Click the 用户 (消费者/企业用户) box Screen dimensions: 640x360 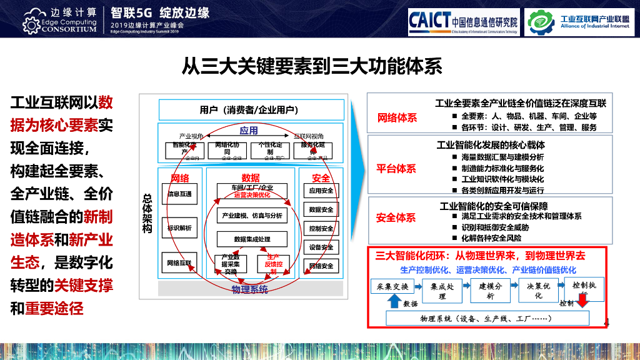[x=251, y=110]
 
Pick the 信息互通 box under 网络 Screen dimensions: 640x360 [x=180, y=194]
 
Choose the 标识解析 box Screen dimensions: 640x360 [x=180, y=228]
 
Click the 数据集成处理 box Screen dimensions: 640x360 [x=252, y=239]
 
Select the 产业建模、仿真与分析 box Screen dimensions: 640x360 [x=252, y=216]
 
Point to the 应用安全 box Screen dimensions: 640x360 [x=321, y=191]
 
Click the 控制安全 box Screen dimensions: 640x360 [x=321, y=229]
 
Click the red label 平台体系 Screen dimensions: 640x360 [x=396, y=168]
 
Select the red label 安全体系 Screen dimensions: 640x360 [x=396, y=218]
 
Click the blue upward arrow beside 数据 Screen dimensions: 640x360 [x=394, y=301]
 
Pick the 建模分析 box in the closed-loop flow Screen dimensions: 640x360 [x=491, y=290]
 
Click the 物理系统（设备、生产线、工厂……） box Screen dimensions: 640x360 [x=487, y=319]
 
